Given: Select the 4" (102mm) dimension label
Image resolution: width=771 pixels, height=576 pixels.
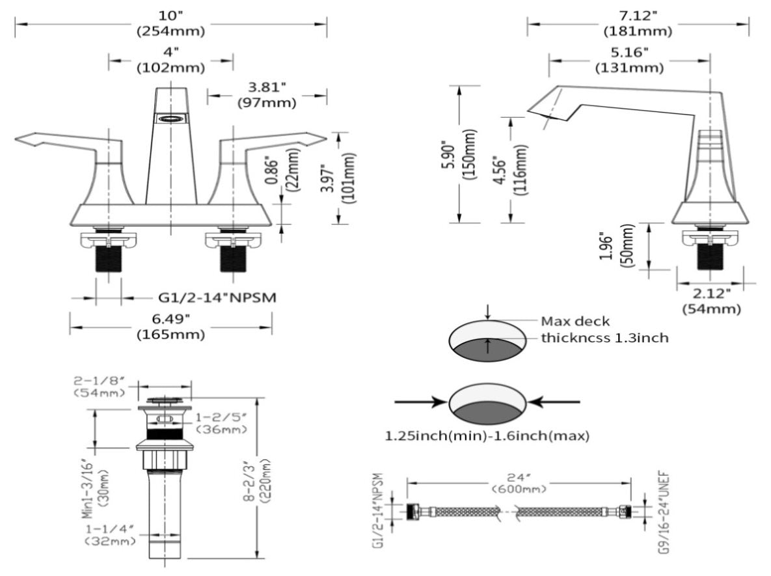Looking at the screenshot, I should (170, 60).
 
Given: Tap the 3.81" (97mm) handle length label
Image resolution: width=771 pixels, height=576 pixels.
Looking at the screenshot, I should (266, 95).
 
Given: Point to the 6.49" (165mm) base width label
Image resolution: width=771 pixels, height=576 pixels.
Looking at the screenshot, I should (170, 327).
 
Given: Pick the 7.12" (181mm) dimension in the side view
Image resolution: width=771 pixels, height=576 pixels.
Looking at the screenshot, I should (638, 23).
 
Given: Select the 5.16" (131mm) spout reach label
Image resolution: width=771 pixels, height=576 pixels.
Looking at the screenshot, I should (629, 60).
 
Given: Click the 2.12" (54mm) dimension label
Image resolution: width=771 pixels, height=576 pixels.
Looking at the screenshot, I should (711, 301).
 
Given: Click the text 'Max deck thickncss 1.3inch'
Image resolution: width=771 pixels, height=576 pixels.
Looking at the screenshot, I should (604, 329).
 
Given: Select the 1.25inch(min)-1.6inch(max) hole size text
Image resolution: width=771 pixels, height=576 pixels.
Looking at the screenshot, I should (487, 436).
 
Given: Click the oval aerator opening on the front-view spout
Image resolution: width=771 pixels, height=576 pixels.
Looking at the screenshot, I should (171, 118).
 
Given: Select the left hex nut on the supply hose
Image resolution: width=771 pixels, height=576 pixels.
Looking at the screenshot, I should (413, 512).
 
